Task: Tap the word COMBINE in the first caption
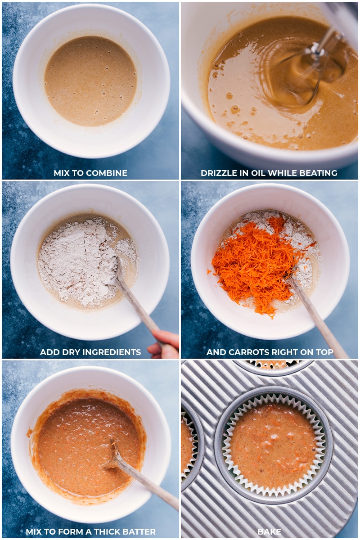click(x=107, y=173)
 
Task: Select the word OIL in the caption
click(x=256, y=173)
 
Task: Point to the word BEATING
click(x=318, y=173)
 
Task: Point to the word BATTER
click(x=139, y=531)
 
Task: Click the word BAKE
click(x=269, y=531)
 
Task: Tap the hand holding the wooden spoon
click(x=164, y=344)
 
